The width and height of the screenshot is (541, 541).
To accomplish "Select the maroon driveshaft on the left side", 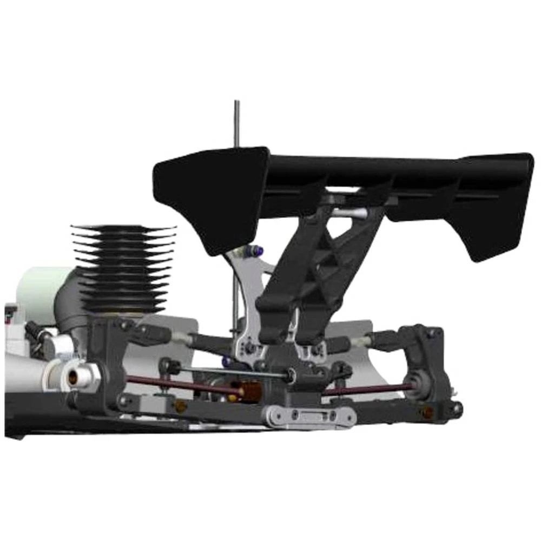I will coord(179,384).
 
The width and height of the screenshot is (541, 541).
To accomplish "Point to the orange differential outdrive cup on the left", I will coord(250,390).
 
